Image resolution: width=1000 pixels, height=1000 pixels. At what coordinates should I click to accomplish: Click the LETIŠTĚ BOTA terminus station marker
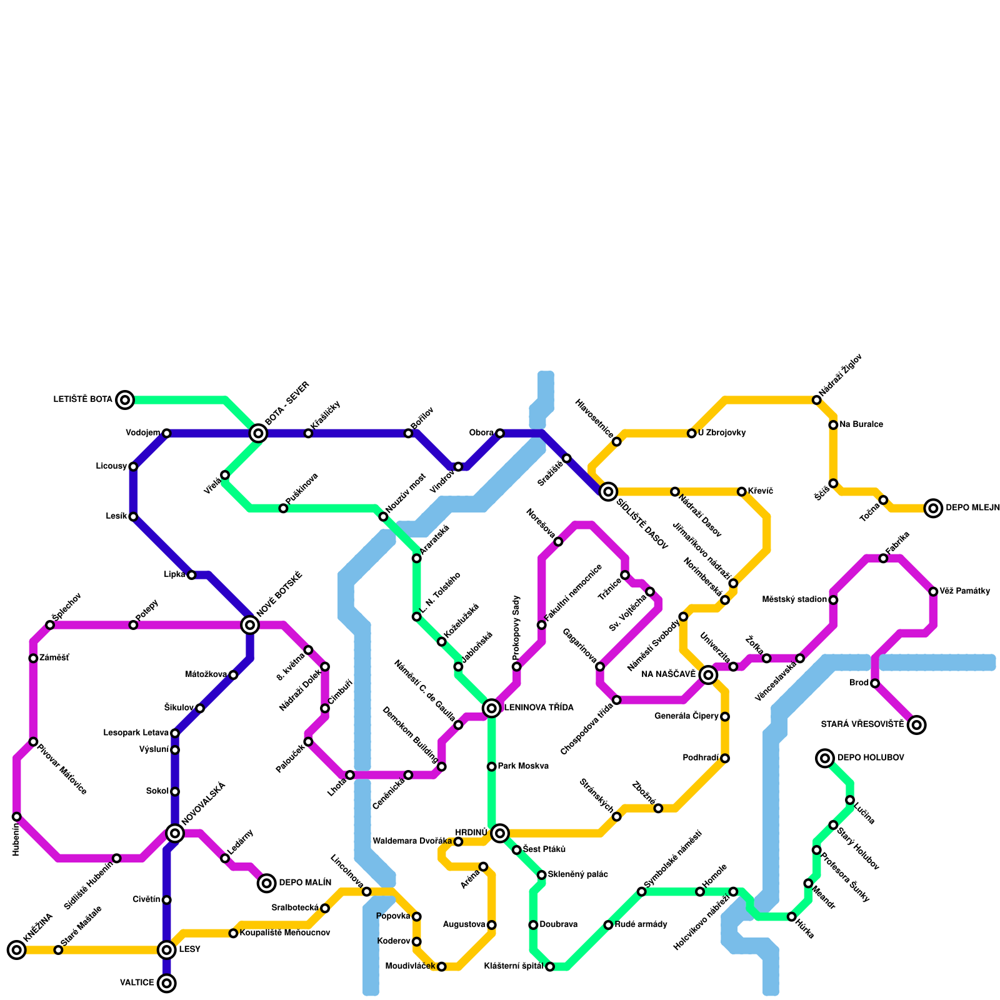click(x=125, y=399)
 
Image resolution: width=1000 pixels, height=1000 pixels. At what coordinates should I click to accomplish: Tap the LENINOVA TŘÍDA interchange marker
click(x=492, y=707)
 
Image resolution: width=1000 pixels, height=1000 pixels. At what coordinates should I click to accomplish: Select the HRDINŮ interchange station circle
click(x=499, y=833)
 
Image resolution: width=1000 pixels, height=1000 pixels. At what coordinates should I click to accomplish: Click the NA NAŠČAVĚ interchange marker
click(x=708, y=674)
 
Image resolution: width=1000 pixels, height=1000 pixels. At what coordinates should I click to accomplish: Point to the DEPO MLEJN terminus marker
click(x=933, y=508)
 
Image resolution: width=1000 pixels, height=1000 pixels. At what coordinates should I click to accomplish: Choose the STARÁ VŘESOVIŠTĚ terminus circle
click(x=916, y=725)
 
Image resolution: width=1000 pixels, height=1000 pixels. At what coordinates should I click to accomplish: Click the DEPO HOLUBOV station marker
click(x=825, y=758)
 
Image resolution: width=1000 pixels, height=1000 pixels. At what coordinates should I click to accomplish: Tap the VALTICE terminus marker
click(x=166, y=983)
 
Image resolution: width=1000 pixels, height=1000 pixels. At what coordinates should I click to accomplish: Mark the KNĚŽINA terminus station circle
click(x=17, y=950)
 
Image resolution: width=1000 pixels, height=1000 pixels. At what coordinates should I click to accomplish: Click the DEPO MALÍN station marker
click(x=267, y=883)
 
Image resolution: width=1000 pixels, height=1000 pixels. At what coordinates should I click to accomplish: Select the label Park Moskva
click(x=523, y=766)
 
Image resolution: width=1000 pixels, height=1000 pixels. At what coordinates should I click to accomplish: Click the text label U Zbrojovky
click(x=722, y=433)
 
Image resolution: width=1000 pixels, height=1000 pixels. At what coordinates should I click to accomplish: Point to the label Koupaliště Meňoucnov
click(x=284, y=933)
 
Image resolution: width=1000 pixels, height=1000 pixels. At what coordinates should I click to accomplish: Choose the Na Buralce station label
click(x=861, y=425)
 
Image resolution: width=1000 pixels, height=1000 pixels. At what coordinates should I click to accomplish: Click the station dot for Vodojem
click(x=166, y=433)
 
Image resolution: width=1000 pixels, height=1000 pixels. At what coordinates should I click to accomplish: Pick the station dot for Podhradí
click(x=725, y=758)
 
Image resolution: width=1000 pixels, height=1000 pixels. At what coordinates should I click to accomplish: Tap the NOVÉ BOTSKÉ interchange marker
click(x=250, y=624)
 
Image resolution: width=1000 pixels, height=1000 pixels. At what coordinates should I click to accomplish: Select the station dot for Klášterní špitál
click(x=550, y=967)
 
